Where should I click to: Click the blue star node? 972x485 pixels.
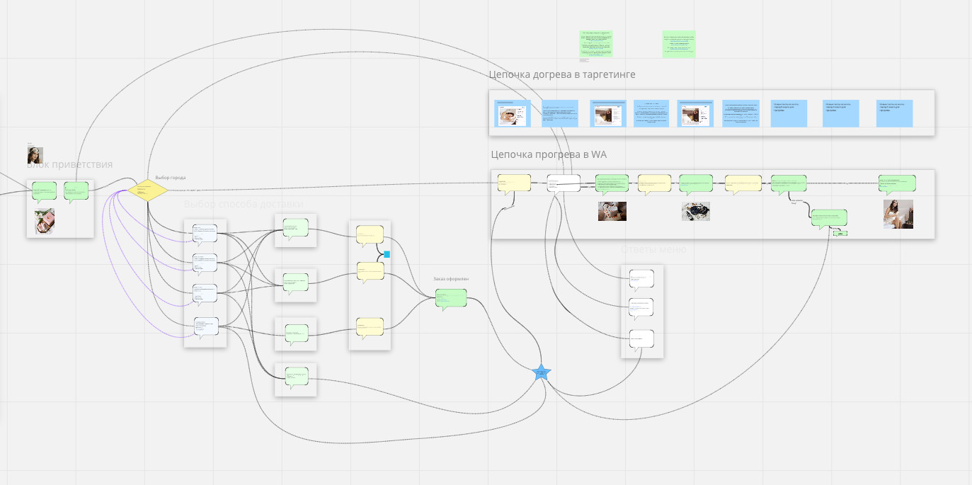point(541,372)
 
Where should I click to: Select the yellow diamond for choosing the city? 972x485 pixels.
point(148,190)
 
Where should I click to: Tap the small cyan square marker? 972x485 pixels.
point(387,253)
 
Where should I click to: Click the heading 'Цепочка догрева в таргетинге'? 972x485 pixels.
point(562,74)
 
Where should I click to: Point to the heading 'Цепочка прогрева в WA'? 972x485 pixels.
point(549,154)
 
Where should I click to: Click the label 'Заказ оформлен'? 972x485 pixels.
point(451,279)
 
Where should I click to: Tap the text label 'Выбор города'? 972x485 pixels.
point(171,178)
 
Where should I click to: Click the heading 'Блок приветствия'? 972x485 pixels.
point(69,165)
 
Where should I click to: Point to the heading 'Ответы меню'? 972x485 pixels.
point(653,249)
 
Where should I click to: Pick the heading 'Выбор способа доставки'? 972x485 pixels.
point(243,205)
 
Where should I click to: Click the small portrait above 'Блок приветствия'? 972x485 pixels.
point(35,155)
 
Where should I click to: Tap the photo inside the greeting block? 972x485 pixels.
point(45,222)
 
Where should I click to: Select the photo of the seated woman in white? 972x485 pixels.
point(898,214)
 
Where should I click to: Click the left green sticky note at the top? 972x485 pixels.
point(596,44)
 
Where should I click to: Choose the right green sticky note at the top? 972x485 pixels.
point(679,44)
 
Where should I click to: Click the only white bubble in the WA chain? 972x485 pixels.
point(564,183)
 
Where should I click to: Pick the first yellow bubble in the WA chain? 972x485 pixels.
point(514,183)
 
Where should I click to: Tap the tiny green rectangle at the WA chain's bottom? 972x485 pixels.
point(840,232)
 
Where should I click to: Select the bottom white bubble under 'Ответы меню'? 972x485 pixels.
point(641,338)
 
